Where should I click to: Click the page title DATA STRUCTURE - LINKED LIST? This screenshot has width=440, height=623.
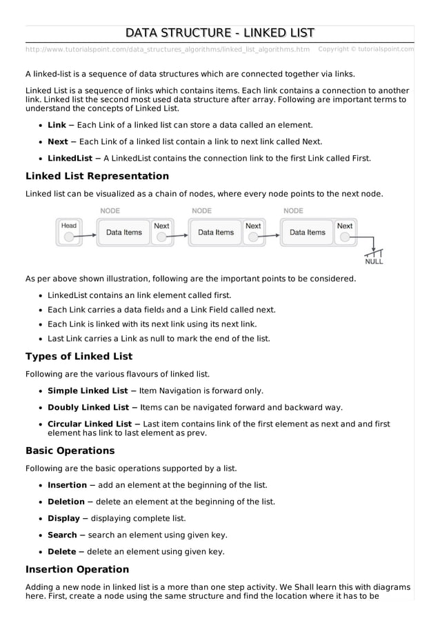tap(220, 32)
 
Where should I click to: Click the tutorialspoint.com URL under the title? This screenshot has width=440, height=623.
tap(168, 49)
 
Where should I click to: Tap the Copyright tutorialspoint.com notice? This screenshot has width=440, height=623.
tap(366, 49)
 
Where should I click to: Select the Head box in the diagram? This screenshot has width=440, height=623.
tap(69, 231)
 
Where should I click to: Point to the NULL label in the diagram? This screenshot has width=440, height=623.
tap(374, 262)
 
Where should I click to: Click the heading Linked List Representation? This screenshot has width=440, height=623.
tap(97, 176)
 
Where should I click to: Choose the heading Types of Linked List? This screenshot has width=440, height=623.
tap(79, 357)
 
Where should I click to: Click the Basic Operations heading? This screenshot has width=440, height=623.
tap(70, 451)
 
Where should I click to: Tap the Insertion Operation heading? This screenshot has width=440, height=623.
tap(77, 569)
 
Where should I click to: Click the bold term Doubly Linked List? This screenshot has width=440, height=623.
tap(88, 407)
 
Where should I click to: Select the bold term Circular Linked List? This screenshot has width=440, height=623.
tap(90, 424)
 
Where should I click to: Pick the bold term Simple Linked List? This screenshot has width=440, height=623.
tap(88, 390)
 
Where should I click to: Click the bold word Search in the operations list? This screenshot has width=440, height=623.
tap(62, 535)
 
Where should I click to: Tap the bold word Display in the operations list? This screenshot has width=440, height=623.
tap(63, 518)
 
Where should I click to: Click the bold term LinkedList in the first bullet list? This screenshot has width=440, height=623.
tap(70, 158)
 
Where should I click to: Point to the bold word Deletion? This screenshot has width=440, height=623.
tap(66, 502)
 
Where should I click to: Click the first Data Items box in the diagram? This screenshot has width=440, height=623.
tap(124, 233)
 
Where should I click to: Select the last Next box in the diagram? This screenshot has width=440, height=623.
tap(345, 231)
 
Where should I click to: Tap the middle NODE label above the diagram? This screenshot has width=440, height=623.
tap(201, 211)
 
